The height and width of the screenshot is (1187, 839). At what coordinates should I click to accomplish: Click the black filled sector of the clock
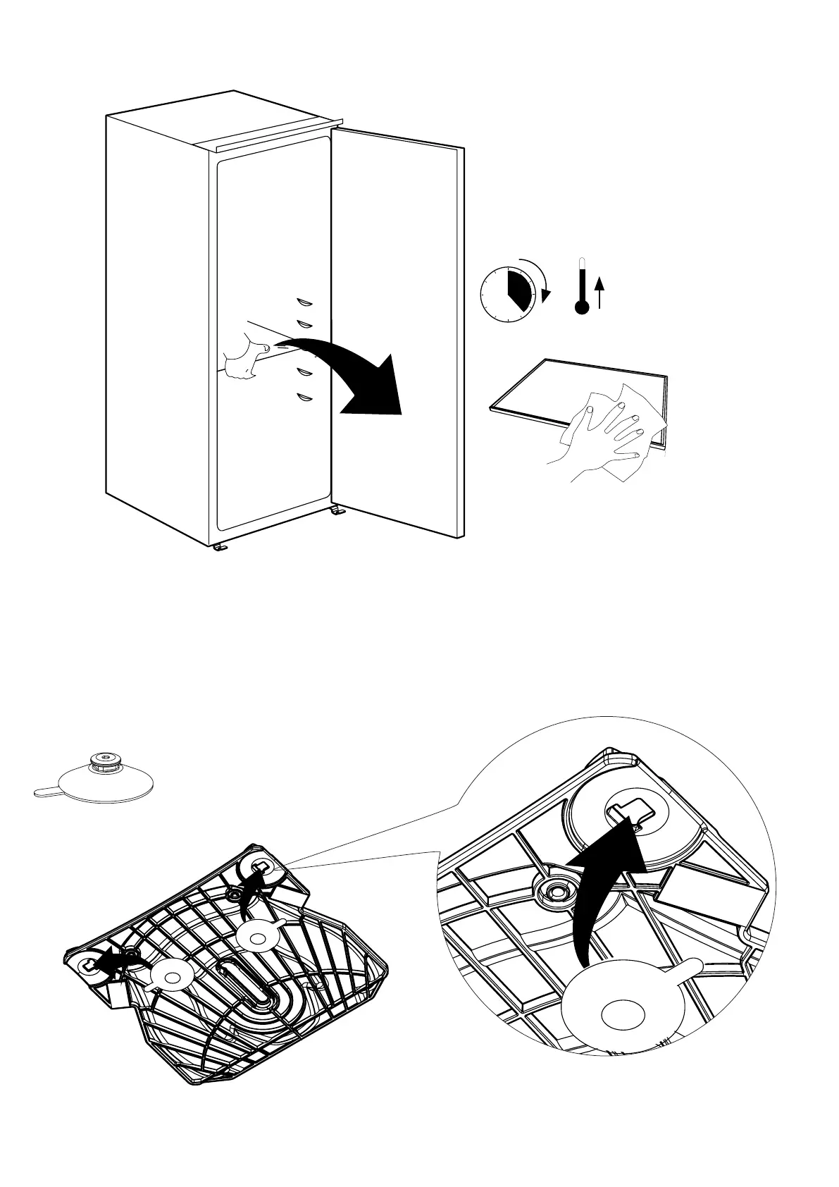click(x=518, y=288)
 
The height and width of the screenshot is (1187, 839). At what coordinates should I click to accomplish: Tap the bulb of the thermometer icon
click(x=581, y=307)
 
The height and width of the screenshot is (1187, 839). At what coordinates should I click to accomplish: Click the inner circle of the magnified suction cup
click(x=623, y=1015)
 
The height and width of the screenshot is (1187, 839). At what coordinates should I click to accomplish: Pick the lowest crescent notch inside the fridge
click(x=304, y=397)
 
